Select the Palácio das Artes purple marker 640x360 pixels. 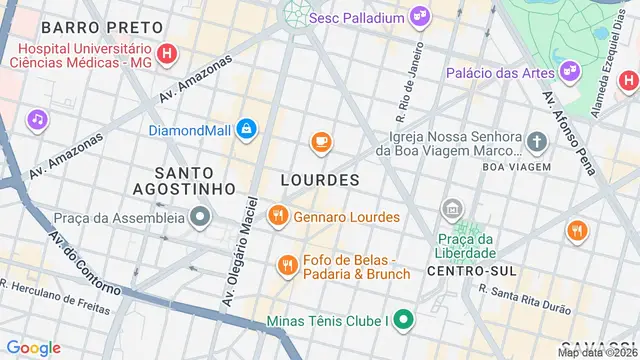pos(570,70)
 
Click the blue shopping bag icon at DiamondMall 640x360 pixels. pos(246,129)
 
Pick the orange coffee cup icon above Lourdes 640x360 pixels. pos(320,143)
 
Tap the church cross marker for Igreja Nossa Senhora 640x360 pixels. pos(537,142)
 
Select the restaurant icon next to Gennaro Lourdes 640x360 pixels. pos(277,216)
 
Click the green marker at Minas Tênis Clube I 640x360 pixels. pos(403,322)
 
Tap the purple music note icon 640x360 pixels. pos(37,120)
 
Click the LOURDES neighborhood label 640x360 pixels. pos(320,180)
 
